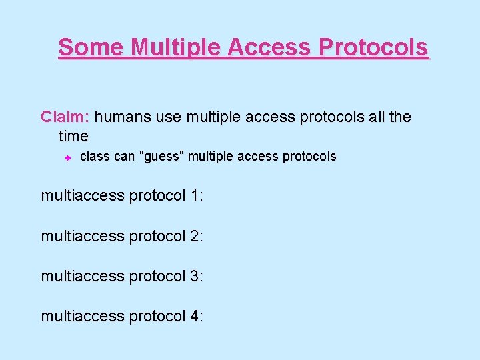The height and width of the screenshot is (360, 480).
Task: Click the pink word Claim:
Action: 65,117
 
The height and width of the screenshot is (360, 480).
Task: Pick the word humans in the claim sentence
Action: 123,117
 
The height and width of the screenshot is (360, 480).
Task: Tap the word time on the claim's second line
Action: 73,137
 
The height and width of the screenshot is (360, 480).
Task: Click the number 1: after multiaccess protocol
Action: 196,196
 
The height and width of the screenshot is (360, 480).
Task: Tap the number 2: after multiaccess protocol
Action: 196,236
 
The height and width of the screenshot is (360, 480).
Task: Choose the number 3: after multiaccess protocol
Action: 196,276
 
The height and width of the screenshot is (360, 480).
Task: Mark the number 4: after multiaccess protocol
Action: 196,316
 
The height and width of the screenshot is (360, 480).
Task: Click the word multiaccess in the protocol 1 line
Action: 83,196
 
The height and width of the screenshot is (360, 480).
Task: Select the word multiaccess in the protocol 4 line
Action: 83,316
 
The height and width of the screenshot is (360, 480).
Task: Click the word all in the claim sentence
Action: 377,117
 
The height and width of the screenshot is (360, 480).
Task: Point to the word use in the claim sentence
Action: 169,117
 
